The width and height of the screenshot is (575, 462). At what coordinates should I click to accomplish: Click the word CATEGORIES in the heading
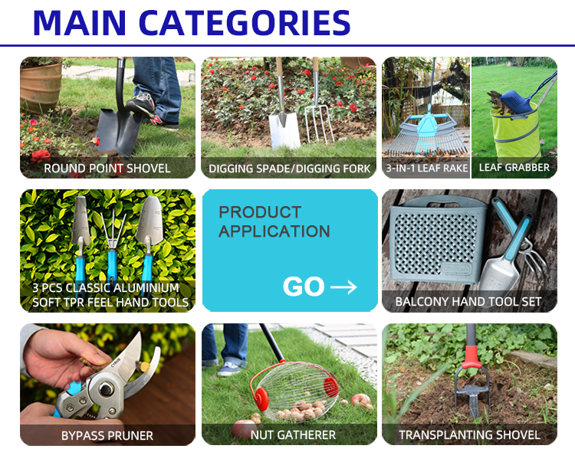click(x=245, y=23)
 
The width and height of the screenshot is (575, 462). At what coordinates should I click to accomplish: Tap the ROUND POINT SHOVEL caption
click(x=107, y=169)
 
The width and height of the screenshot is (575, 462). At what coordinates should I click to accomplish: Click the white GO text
click(x=304, y=286)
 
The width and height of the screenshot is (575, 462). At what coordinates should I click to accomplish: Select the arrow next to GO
click(x=343, y=287)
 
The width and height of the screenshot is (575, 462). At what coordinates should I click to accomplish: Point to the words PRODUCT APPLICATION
click(x=274, y=221)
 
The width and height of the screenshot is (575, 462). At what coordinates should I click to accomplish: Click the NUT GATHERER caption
click(x=293, y=435)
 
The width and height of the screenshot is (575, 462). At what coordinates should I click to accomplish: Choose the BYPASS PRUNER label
click(x=107, y=436)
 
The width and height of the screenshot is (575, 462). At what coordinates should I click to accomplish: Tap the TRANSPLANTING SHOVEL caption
click(x=469, y=435)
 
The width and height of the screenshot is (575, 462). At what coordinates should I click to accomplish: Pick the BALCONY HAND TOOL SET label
click(x=468, y=302)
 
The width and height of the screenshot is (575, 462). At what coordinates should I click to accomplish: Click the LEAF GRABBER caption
click(x=514, y=168)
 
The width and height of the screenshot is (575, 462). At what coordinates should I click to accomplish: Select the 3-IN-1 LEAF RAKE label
click(x=427, y=168)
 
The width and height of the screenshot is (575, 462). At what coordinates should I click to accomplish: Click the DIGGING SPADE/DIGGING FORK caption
click(x=289, y=169)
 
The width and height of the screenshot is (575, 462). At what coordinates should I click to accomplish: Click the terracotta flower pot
click(x=41, y=87)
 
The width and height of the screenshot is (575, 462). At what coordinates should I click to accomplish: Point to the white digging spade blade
click(x=284, y=130)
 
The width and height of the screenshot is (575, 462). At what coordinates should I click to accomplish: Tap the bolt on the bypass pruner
click(x=106, y=388)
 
